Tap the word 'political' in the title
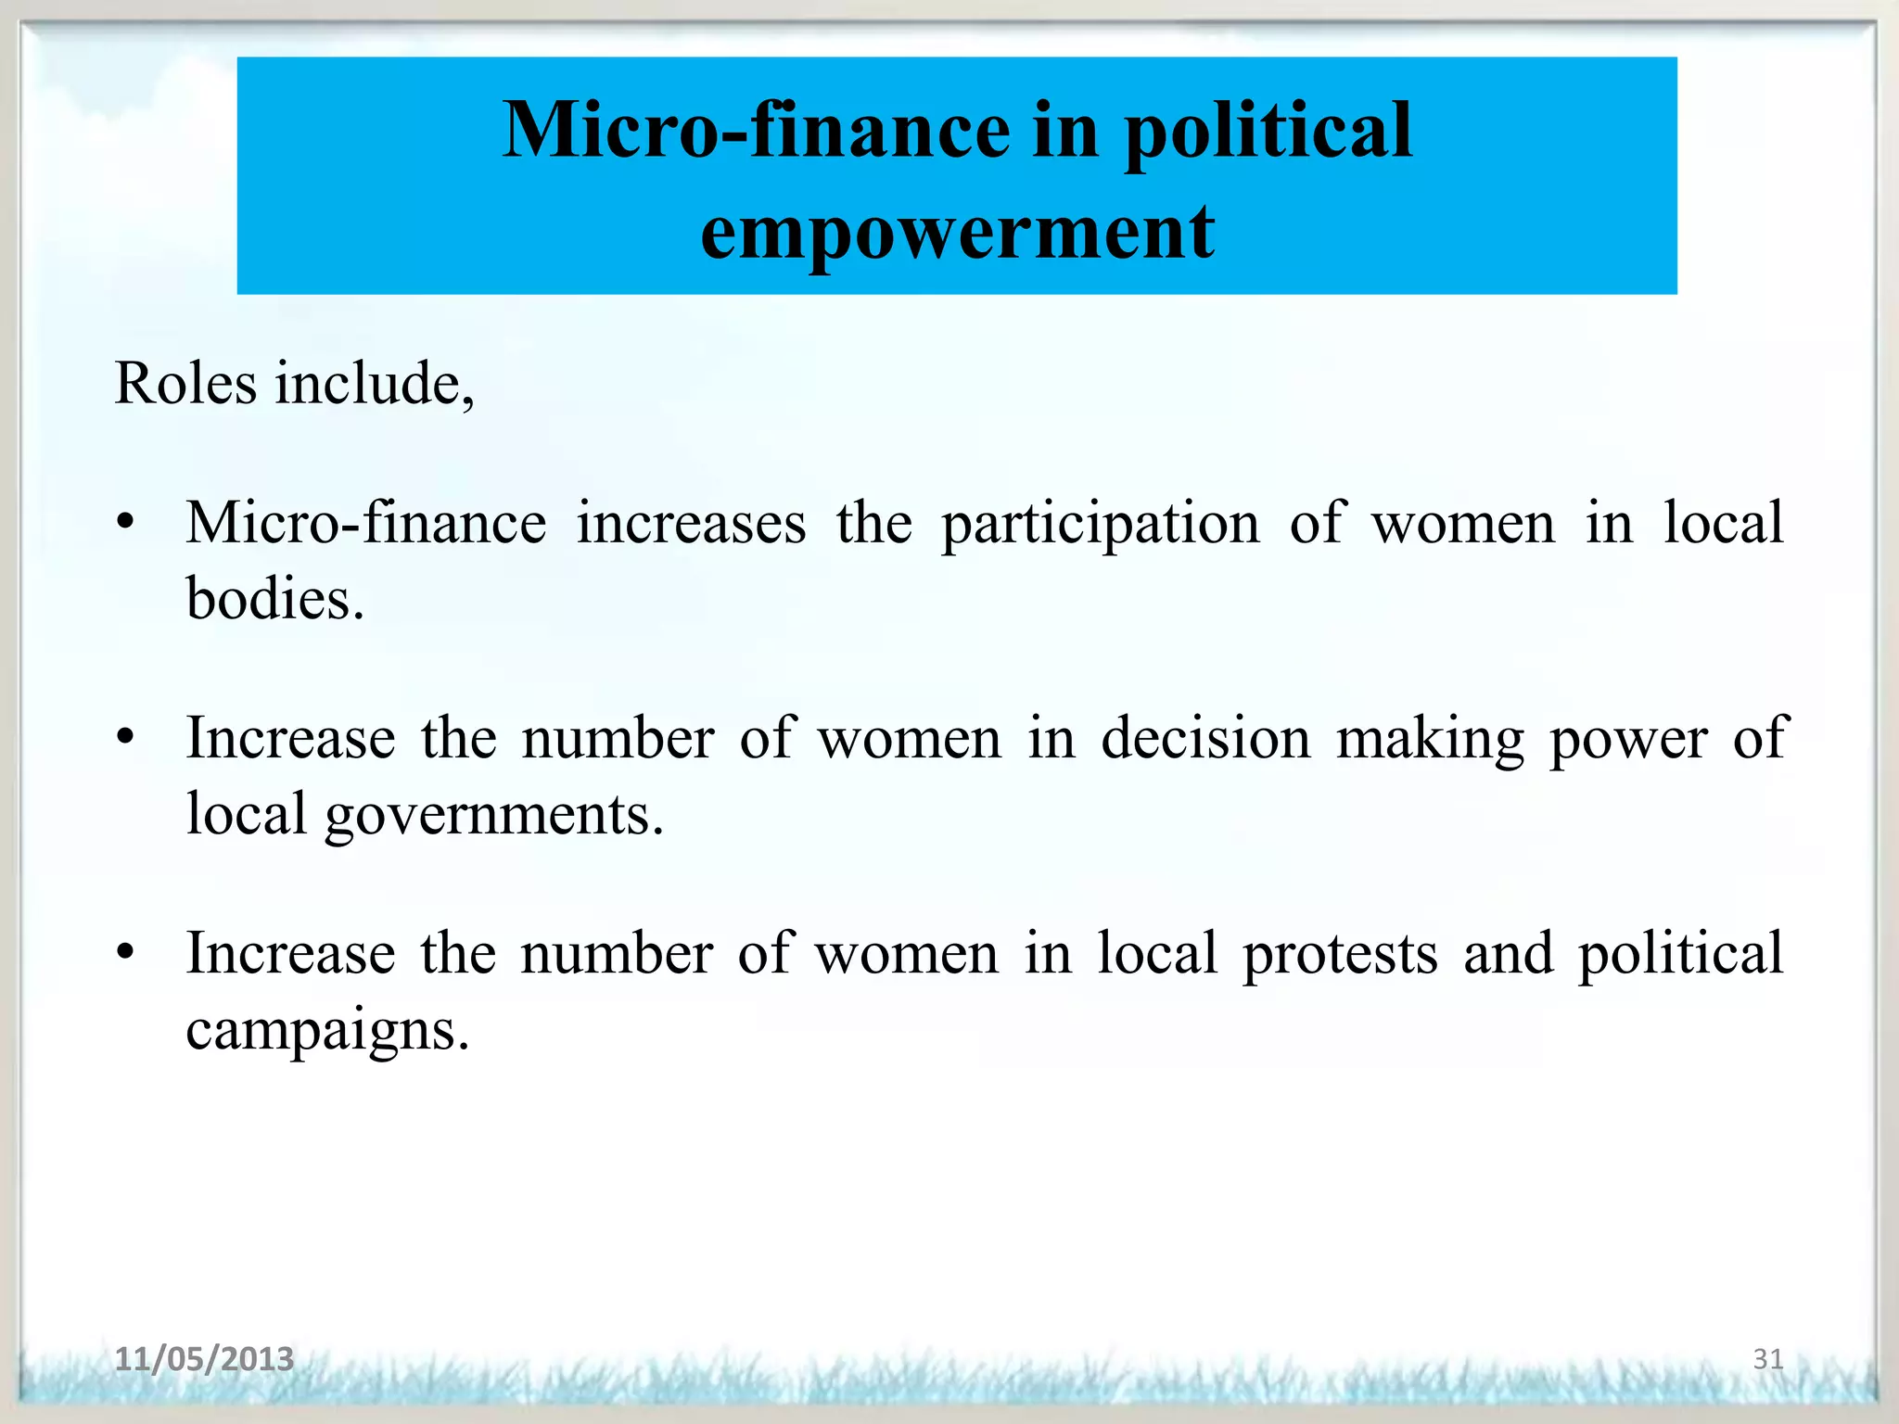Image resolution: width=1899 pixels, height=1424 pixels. pos(1268,133)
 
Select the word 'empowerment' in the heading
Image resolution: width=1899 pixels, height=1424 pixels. pos(957,232)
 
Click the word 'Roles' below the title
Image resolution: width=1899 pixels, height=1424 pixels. pos(185,383)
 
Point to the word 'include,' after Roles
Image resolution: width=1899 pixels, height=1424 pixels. pos(375,383)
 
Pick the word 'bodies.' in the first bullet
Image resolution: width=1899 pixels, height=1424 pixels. pos(275,599)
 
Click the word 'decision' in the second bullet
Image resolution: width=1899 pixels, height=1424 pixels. pos(1205,739)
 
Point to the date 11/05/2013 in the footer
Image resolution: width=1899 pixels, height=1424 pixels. pos(204,1359)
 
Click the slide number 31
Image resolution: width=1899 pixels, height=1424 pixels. pos(1767,1359)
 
